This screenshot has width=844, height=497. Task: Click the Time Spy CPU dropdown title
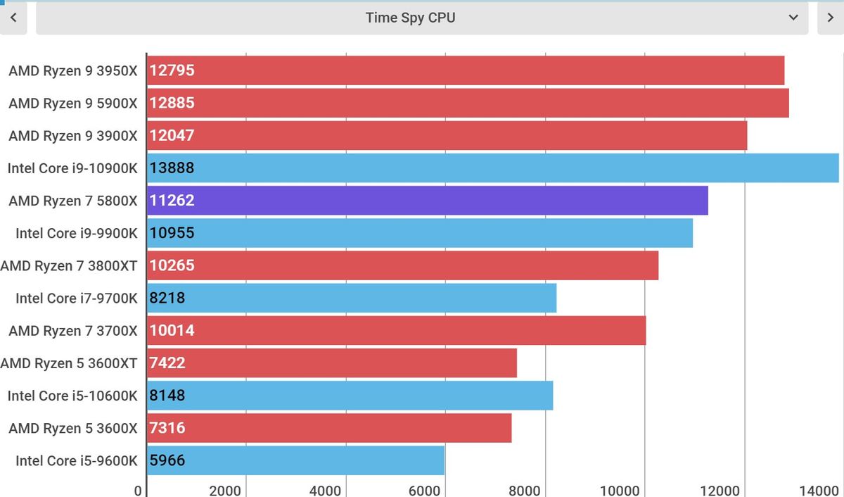(x=410, y=18)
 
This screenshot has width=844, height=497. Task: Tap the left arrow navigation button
(x=13, y=18)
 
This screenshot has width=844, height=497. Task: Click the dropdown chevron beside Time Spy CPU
(x=793, y=18)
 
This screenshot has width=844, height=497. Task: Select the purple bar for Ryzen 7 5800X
(x=427, y=201)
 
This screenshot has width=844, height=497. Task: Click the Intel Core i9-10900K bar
(x=492, y=168)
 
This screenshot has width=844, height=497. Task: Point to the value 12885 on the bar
(x=172, y=103)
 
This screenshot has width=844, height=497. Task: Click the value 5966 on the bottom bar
(x=167, y=460)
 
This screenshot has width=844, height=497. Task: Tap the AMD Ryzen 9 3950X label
(x=73, y=70)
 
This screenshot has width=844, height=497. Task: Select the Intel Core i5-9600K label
(x=77, y=460)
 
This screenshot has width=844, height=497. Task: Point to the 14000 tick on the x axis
(x=821, y=490)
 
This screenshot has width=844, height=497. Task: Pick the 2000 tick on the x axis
(x=225, y=490)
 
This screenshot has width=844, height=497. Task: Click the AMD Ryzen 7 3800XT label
(x=69, y=265)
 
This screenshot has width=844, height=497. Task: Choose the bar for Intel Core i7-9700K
(x=352, y=298)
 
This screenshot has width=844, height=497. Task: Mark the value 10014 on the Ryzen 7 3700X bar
(x=172, y=330)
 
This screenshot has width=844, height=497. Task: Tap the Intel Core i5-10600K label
(x=72, y=396)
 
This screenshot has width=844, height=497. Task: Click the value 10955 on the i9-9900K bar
(x=172, y=233)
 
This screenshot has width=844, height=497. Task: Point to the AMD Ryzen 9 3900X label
(x=73, y=135)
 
